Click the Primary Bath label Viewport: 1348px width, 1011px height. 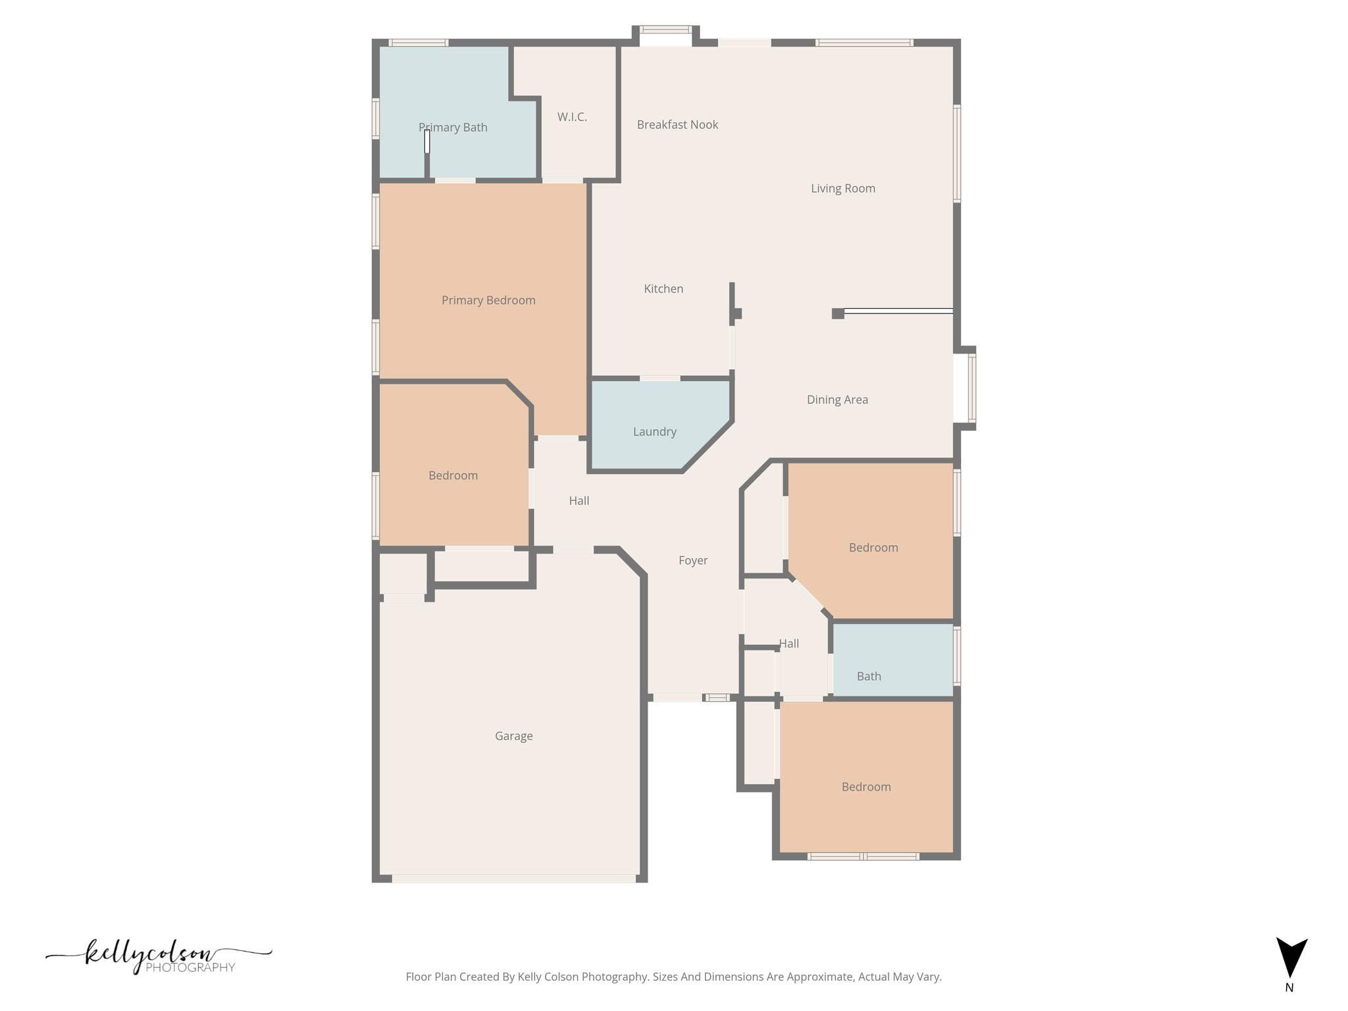point(453,128)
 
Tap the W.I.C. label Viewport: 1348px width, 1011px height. point(572,117)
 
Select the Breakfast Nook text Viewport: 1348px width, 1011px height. point(677,125)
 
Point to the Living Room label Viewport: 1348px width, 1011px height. point(842,189)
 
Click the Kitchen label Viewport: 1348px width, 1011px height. point(663,289)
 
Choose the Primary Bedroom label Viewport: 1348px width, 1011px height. point(488,301)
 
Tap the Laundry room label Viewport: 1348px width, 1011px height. point(654,432)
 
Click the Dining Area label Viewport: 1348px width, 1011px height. point(837,400)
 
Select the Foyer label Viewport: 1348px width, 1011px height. point(693,561)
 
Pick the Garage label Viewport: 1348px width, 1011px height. point(513,737)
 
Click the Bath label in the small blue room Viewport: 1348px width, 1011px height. point(869,677)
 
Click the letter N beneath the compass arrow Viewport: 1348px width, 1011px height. point(1289,988)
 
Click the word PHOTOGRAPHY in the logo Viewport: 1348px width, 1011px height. point(190,968)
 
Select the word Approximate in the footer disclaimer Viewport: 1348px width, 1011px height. point(820,977)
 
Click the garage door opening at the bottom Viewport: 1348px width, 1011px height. point(513,879)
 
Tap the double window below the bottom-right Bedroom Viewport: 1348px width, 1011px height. point(863,856)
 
